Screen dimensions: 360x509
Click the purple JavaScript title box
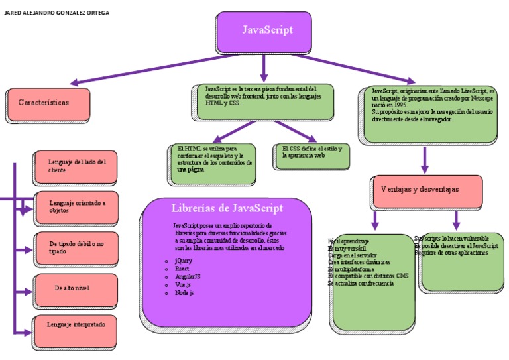click(x=263, y=31)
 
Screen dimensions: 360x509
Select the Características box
click(x=46, y=103)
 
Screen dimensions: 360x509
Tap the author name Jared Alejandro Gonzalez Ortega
click(x=57, y=13)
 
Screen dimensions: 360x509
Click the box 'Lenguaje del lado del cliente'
click(x=75, y=166)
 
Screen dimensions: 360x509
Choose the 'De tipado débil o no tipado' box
click(x=75, y=248)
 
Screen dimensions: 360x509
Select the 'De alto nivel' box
click(x=75, y=288)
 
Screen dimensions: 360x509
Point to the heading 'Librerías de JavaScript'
click(x=227, y=208)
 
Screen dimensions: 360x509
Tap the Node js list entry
click(x=184, y=292)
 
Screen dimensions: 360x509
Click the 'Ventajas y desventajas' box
click(x=427, y=190)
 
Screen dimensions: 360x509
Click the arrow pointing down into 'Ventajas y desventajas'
click(x=425, y=161)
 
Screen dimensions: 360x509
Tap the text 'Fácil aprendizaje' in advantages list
click(x=349, y=241)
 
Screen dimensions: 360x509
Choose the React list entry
click(x=182, y=269)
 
